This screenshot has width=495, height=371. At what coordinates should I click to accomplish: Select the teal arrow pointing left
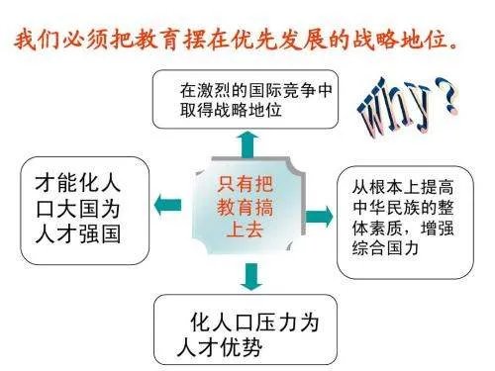click(169, 205)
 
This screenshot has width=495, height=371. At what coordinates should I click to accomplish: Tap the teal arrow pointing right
click(319, 216)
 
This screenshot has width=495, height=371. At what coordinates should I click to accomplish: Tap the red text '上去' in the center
click(247, 230)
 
